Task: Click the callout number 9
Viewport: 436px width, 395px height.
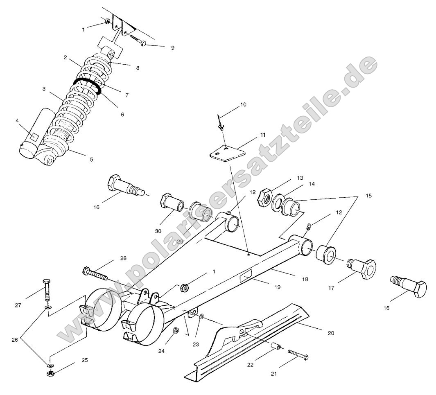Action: point(172,48)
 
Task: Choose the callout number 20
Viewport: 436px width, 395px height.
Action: point(331,333)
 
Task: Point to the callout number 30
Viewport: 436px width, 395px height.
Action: point(158,231)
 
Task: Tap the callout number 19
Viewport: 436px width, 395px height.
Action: point(278,287)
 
